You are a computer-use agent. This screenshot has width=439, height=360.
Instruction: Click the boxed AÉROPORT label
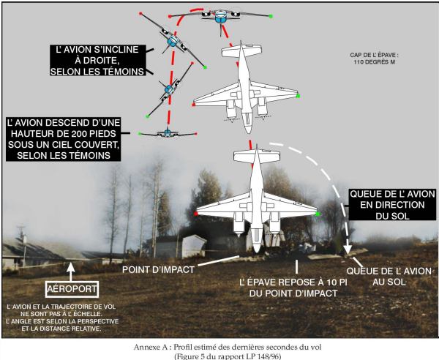72,289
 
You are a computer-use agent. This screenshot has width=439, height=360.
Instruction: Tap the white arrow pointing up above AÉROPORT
71,271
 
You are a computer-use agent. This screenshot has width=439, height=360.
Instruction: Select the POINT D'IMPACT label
158,269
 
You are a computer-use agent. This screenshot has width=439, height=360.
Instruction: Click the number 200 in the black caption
79,133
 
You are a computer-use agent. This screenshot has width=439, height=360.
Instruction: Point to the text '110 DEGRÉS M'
375,62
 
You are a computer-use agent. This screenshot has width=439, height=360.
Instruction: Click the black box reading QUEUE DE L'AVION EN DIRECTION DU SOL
392,205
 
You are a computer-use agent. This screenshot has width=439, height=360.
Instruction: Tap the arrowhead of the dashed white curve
348,249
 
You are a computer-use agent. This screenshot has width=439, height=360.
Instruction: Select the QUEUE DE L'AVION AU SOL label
389,277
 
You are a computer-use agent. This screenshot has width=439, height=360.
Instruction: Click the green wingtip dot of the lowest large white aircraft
318,214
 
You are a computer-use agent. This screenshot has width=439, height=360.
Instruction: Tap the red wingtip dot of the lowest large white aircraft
195,214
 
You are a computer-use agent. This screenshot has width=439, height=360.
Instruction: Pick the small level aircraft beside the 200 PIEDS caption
168,133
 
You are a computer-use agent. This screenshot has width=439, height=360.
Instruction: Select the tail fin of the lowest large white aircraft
257,156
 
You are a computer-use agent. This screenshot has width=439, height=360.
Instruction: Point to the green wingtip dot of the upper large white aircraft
299,96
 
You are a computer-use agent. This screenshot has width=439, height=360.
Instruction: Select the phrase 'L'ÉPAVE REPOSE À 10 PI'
293,282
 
